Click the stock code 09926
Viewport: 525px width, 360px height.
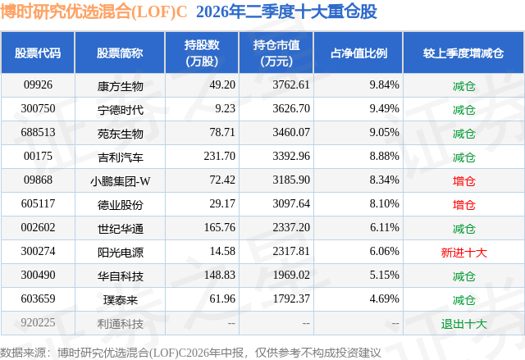(x=38, y=85)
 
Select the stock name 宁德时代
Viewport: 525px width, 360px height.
(x=121, y=110)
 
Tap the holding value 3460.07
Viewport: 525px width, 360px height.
(x=291, y=133)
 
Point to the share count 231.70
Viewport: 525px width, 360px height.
(x=219, y=157)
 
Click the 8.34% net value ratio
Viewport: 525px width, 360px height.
(x=384, y=180)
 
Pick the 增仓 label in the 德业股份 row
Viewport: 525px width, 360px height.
(x=463, y=205)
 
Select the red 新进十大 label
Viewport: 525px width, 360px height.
(x=463, y=253)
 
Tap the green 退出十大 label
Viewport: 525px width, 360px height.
(x=463, y=324)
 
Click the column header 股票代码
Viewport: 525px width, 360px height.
(x=38, y=53)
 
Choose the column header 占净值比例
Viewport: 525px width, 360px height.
(x=358, y=53)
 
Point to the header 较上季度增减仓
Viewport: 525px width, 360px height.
(x=463, y=53)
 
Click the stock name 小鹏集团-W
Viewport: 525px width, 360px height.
(x=121, y=181)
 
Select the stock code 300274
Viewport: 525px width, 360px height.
(x=38, y=251)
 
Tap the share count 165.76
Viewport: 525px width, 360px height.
(x=219, y=227)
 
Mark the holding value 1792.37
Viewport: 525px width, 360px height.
(x=291, y=298)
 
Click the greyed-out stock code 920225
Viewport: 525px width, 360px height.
(x=38, y=322)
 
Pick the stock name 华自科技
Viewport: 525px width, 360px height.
(x=121, y=276)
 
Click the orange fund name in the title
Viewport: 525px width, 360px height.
(x=94, y=11)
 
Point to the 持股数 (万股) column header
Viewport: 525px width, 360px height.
(x=202, y=52)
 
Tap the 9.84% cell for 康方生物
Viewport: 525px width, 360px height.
(x=384, y=85)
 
